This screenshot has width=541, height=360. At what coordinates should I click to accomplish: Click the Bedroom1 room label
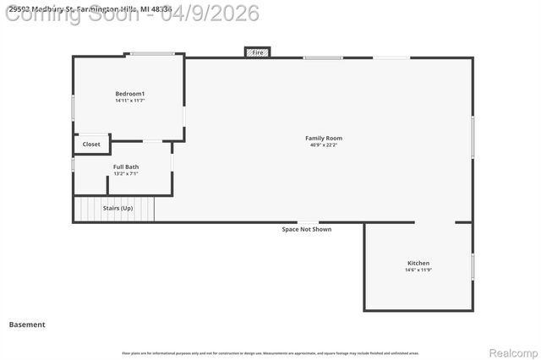coord(130,93)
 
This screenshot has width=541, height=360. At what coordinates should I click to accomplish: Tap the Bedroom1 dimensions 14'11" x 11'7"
coord(130,101)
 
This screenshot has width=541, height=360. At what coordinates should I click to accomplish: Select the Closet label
coord(91,145)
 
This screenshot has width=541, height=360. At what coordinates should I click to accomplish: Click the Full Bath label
coord(126,166)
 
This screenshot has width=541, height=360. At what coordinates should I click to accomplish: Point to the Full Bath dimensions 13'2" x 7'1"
coord(126,174)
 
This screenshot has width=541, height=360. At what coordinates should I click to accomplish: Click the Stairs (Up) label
coord(117,208)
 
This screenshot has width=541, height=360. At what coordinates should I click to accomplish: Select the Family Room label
coord(324,138)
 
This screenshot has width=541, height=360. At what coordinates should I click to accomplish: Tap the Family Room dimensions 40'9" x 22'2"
coord(324,145)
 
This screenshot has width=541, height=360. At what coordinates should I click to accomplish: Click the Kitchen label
coord(418,263)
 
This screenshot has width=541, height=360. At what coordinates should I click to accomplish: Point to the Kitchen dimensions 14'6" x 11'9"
coord(418,270)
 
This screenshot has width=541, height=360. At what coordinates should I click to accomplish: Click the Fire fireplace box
coord(258,52)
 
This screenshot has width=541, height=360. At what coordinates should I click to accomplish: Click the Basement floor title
coord(27,325)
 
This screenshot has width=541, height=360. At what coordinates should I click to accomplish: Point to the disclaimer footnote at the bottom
coord(270,353)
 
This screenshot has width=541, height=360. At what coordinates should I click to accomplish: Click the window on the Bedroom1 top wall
coord(152,55)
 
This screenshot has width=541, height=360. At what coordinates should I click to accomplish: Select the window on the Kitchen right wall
coord(473,266)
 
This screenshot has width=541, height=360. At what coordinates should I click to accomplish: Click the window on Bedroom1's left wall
coord(74,107)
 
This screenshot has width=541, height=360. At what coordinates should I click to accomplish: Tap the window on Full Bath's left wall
coord(74,165)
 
